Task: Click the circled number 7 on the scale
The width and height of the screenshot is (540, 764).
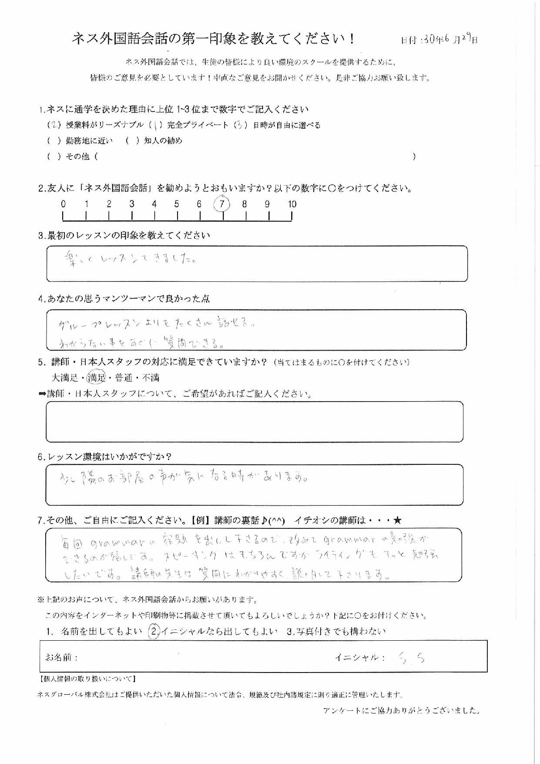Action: [222, 203]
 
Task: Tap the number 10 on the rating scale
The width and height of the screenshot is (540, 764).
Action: [292, 204]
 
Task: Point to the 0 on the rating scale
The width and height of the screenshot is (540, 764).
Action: [64, 204]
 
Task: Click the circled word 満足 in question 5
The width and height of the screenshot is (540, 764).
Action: [97, 378]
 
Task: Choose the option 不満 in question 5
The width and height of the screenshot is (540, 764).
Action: [151, 378]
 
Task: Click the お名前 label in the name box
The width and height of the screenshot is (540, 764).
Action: [61, 657]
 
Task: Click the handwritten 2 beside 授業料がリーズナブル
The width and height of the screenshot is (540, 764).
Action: [54, 125]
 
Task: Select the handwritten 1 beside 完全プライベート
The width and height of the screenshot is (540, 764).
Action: [155, 125]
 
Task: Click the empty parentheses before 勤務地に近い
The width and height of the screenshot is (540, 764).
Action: [54, 141]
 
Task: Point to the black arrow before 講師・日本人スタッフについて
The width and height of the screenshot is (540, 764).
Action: [42, 394]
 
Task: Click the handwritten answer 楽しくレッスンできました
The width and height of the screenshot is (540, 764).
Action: [129, 260]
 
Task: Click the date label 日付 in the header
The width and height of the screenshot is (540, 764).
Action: [409, 40]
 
